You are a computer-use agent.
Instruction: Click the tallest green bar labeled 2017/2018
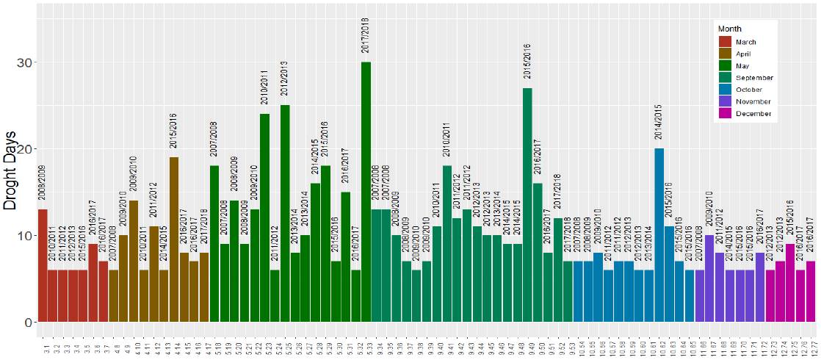366,191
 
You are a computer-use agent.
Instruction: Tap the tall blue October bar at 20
659,235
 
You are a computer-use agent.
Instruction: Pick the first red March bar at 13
43,264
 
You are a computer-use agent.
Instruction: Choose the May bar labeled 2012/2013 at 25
285,213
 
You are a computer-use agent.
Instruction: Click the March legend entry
743,42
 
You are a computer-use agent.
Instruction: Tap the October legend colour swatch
725,90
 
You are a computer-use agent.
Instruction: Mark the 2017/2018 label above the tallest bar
366,35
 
